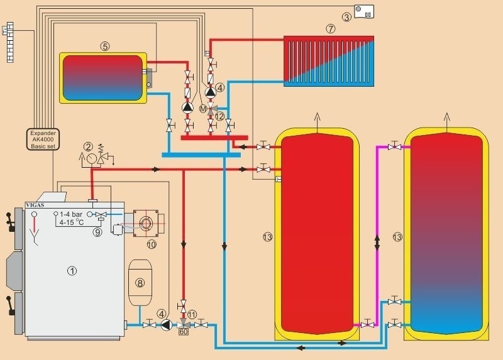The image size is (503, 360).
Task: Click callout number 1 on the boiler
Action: pos(72,271)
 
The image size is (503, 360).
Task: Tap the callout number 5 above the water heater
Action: pos(105,46)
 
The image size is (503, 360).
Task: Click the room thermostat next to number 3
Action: pos(364,11)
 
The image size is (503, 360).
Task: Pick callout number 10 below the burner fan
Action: pos(151,243)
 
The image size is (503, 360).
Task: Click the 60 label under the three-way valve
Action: pos(184,332)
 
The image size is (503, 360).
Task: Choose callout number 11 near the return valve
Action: pos(192,314)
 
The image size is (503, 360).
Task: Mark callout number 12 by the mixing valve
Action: pos(219,116)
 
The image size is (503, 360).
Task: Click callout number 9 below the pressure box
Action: pos(97,232)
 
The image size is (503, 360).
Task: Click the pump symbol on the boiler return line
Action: pos(167,325)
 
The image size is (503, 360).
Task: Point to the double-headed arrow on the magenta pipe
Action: pos(377,242)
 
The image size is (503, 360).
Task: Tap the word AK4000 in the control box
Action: pos(43,139)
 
